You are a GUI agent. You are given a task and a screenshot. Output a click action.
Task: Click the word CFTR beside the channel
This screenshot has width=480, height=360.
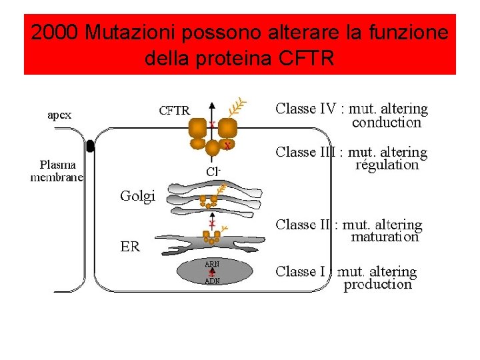pos(174,111)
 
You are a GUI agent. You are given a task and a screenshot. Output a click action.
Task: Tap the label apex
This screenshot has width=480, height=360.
pos(59,115)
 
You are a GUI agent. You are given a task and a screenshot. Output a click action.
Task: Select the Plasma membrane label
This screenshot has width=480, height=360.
pos(57,171)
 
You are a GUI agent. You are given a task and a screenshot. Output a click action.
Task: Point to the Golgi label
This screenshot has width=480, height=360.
pos(137,195)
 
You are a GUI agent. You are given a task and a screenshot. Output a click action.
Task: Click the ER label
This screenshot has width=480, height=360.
pos(130,247)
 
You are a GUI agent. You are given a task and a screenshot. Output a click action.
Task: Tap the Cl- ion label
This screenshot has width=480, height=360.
pos(213,171)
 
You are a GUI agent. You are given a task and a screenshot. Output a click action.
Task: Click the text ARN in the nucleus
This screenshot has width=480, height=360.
pos(212,263)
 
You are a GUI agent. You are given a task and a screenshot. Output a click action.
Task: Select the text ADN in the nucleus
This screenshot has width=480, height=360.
pos(212,281)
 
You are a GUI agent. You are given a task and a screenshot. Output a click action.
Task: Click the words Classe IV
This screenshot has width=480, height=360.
pos(306,108)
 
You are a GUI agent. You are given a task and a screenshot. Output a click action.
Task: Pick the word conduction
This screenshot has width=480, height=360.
pos(387,123)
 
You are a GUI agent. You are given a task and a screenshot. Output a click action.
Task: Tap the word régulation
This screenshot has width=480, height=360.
pos(387,165)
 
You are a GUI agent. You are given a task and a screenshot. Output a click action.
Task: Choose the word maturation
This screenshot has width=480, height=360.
pos(385,237)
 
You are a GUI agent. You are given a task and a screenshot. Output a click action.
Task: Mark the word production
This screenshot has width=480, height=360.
pos(377,285)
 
